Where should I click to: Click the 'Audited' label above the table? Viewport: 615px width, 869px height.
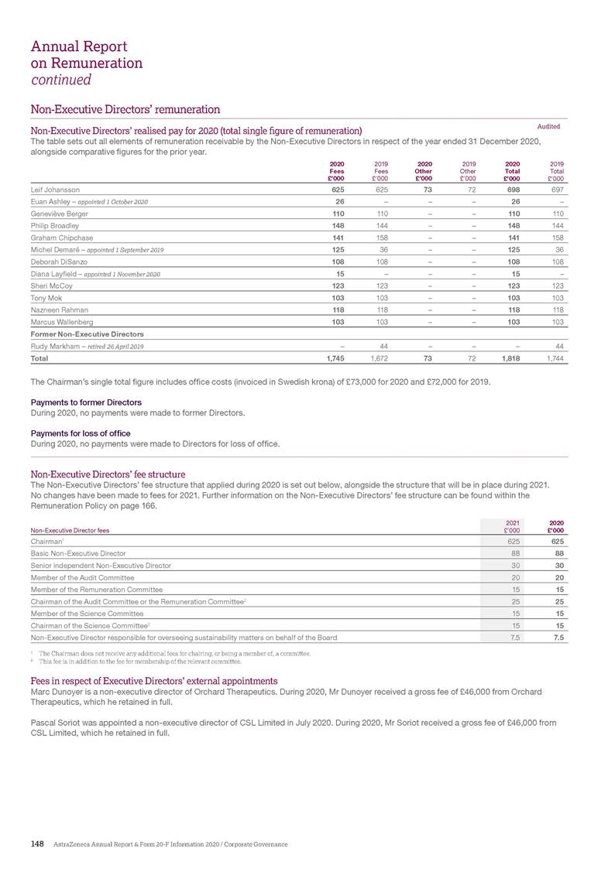[x=548, y=126]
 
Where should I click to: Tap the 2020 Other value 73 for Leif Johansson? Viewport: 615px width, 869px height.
[x=425, y=189]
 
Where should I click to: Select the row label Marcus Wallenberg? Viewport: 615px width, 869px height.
[x=61, y=323]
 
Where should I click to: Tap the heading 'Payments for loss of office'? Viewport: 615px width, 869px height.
[x=80, y=433]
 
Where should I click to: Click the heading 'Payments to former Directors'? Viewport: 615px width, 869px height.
[x=85, y=402]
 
